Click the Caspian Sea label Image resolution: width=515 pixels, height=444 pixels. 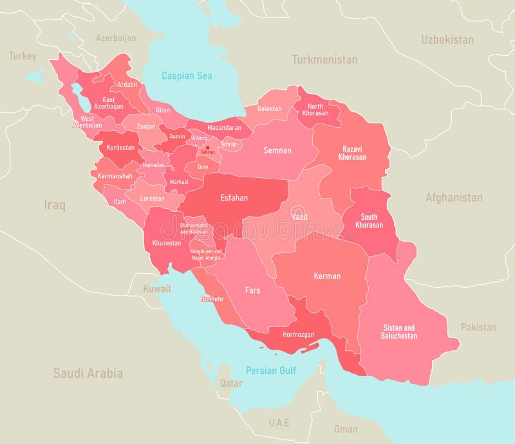(x=187, y=76)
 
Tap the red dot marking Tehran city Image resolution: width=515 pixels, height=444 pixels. (x=207, y=148)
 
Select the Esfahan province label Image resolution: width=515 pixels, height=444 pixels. (x=234, y=198)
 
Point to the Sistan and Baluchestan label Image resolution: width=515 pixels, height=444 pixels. (x=399, y=332)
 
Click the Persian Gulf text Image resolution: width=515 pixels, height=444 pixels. (x=270, y=371)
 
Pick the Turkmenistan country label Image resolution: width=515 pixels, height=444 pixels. (x=324, y=60)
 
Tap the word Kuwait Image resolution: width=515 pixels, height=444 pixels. (x=157, y=289)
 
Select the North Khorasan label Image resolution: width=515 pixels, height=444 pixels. (x=315, y=110)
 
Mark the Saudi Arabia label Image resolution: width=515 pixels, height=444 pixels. (x=88, y=373)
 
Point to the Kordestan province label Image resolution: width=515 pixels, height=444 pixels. (x=120, y=147)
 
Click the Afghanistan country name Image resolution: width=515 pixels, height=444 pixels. (x=453, y=198)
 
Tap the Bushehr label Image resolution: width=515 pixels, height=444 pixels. (x=212, y=299)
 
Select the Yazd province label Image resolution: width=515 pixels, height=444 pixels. (x=299, y=217)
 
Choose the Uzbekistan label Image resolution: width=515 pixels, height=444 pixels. (x=447, y=40)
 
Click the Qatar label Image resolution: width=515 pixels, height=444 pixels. (x=231, y=384)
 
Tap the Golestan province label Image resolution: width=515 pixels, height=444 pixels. (x=269, y=109)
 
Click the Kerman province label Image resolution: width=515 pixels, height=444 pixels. (x=327, y=276)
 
